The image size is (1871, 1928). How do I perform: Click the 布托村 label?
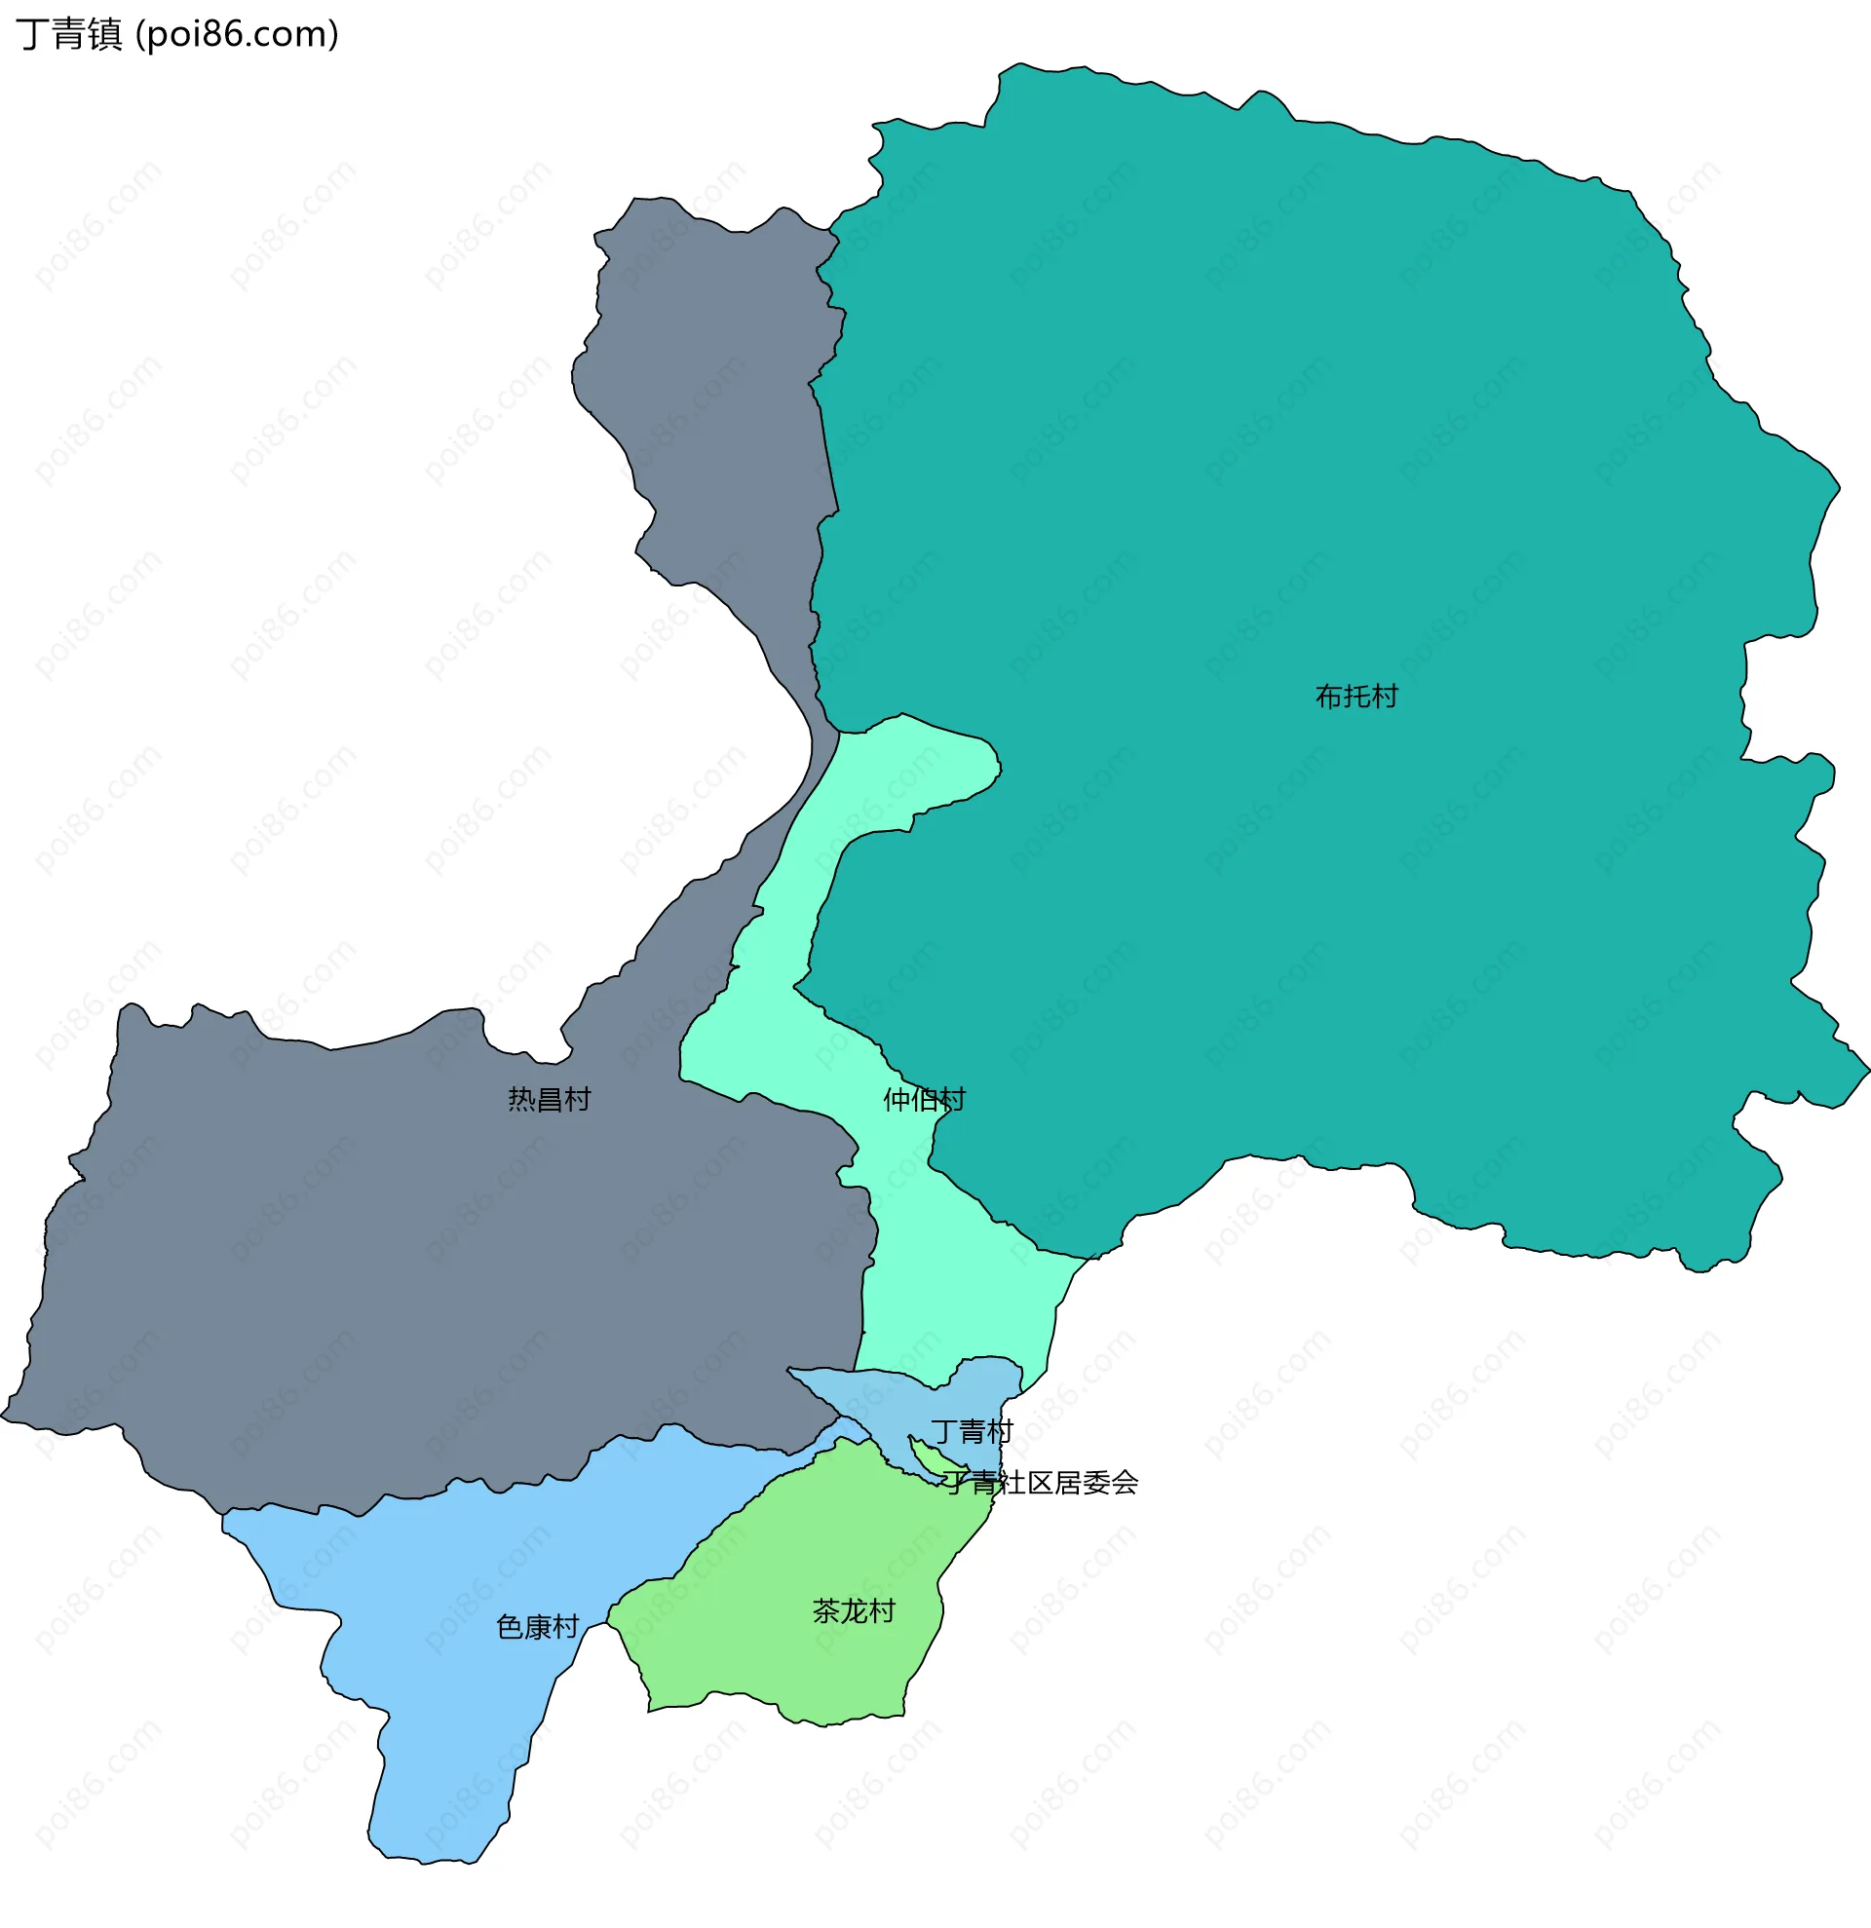[x=1356, y=697]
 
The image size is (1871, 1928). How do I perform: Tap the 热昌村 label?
[x=549, y=1099]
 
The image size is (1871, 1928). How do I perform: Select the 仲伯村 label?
[x=924, y=1099]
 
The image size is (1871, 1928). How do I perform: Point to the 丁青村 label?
[x=971, y=1431]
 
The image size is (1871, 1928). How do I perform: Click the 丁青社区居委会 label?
[x=1041, y=1483]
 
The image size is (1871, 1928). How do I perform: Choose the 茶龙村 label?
[x=853, y=1611]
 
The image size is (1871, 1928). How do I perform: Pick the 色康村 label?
[x=537, y=1627]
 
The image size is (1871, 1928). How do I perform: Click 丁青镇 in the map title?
[x=69, y=34]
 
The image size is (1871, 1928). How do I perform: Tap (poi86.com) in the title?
[x=237, y=34]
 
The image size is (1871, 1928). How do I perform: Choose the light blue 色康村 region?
[x=442, y=1751]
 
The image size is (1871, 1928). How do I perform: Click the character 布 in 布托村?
[x=1328, y=697]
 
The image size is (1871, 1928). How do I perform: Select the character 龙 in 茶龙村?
[x=853, y=1611]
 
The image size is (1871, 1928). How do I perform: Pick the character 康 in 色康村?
[x=537, y=1627]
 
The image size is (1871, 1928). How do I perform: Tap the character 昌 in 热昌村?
[x=549, y=1099]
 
